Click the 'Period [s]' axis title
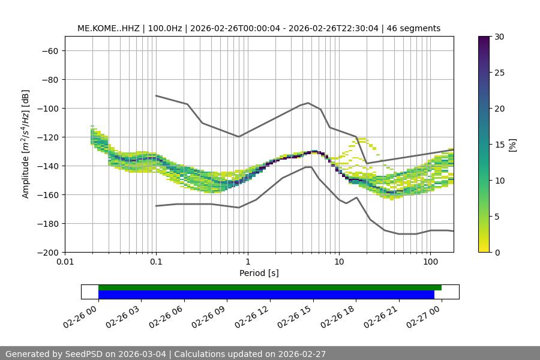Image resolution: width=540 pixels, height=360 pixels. (259, 273)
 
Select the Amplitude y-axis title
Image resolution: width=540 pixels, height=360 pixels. (26, 144)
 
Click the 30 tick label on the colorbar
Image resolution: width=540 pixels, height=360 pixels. (499, 37)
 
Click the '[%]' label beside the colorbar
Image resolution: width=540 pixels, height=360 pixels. (512, 145)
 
